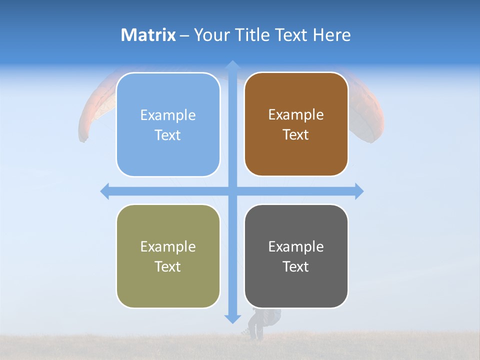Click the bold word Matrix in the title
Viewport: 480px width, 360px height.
point(148,35)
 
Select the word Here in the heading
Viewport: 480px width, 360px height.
point(332,35)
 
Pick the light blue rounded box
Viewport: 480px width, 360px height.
point(168,124)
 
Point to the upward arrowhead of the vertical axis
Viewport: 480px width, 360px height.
point(232,64)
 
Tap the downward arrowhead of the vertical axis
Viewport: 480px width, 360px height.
point(232,318)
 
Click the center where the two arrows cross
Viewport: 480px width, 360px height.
point(232,191)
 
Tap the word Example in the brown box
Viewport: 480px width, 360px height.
point(296,115)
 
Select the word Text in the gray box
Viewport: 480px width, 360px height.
point(296,266)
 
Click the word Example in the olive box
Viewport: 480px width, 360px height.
point(168,246)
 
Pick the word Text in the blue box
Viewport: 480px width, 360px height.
point(168,135)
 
